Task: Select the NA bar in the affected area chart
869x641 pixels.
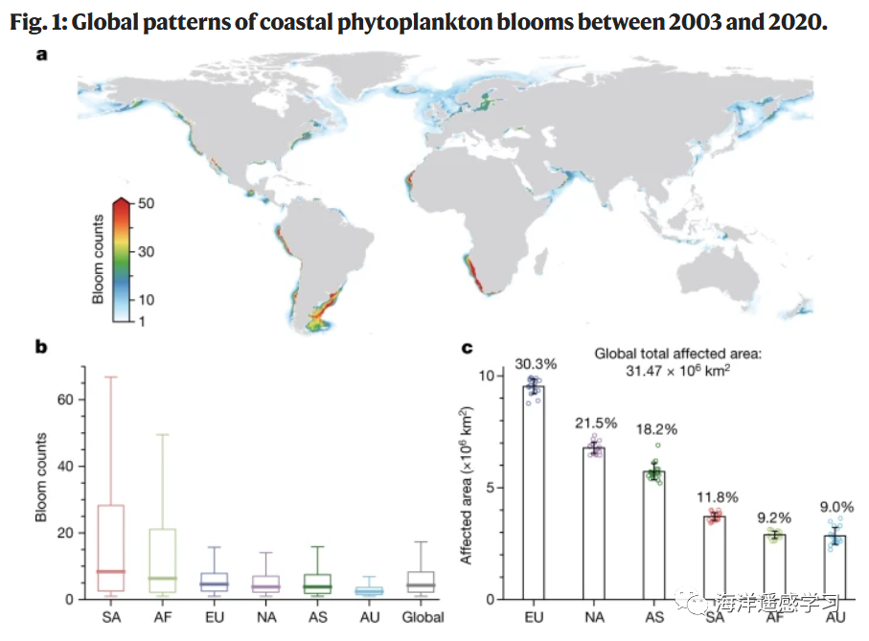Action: (x=594, y=523)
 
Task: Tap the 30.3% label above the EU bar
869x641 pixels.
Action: (x=534, y=365)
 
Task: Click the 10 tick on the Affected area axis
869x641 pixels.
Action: (x=487, y=376)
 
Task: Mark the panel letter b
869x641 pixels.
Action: (x=41, y=347)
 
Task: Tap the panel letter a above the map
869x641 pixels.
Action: (x=41, y=56)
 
